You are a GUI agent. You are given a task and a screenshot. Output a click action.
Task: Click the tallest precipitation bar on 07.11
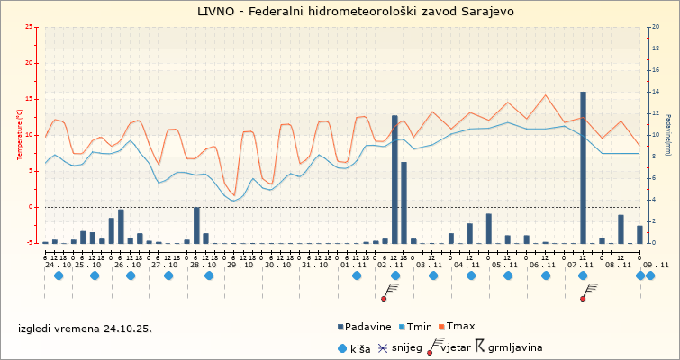pyautogui.click(x=583, y=166)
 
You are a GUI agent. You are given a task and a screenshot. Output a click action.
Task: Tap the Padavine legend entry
pyautogui.click(x=364, y=326)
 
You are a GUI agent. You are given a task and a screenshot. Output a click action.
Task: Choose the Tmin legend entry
pyautogui.click(x=413, y=326)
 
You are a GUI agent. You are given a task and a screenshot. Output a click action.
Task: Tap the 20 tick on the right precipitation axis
pyautogui.click(x=656, y=27)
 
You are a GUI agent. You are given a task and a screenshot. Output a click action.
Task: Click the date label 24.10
pyautogui.click(x=58, y=265)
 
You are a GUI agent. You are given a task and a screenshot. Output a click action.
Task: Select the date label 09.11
pyautogui.click(x=656, y=265)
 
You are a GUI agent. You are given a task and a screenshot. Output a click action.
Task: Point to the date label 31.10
pyautogui.click(x=315, y=265)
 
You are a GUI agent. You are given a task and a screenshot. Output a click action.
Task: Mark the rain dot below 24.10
pyautogui.click(x=59, y=275)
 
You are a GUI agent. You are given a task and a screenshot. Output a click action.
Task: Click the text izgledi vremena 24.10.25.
pyautogui.click(x=86, y=328)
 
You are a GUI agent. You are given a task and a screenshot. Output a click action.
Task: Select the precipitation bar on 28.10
pyautogui.click(x=196, y=225)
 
